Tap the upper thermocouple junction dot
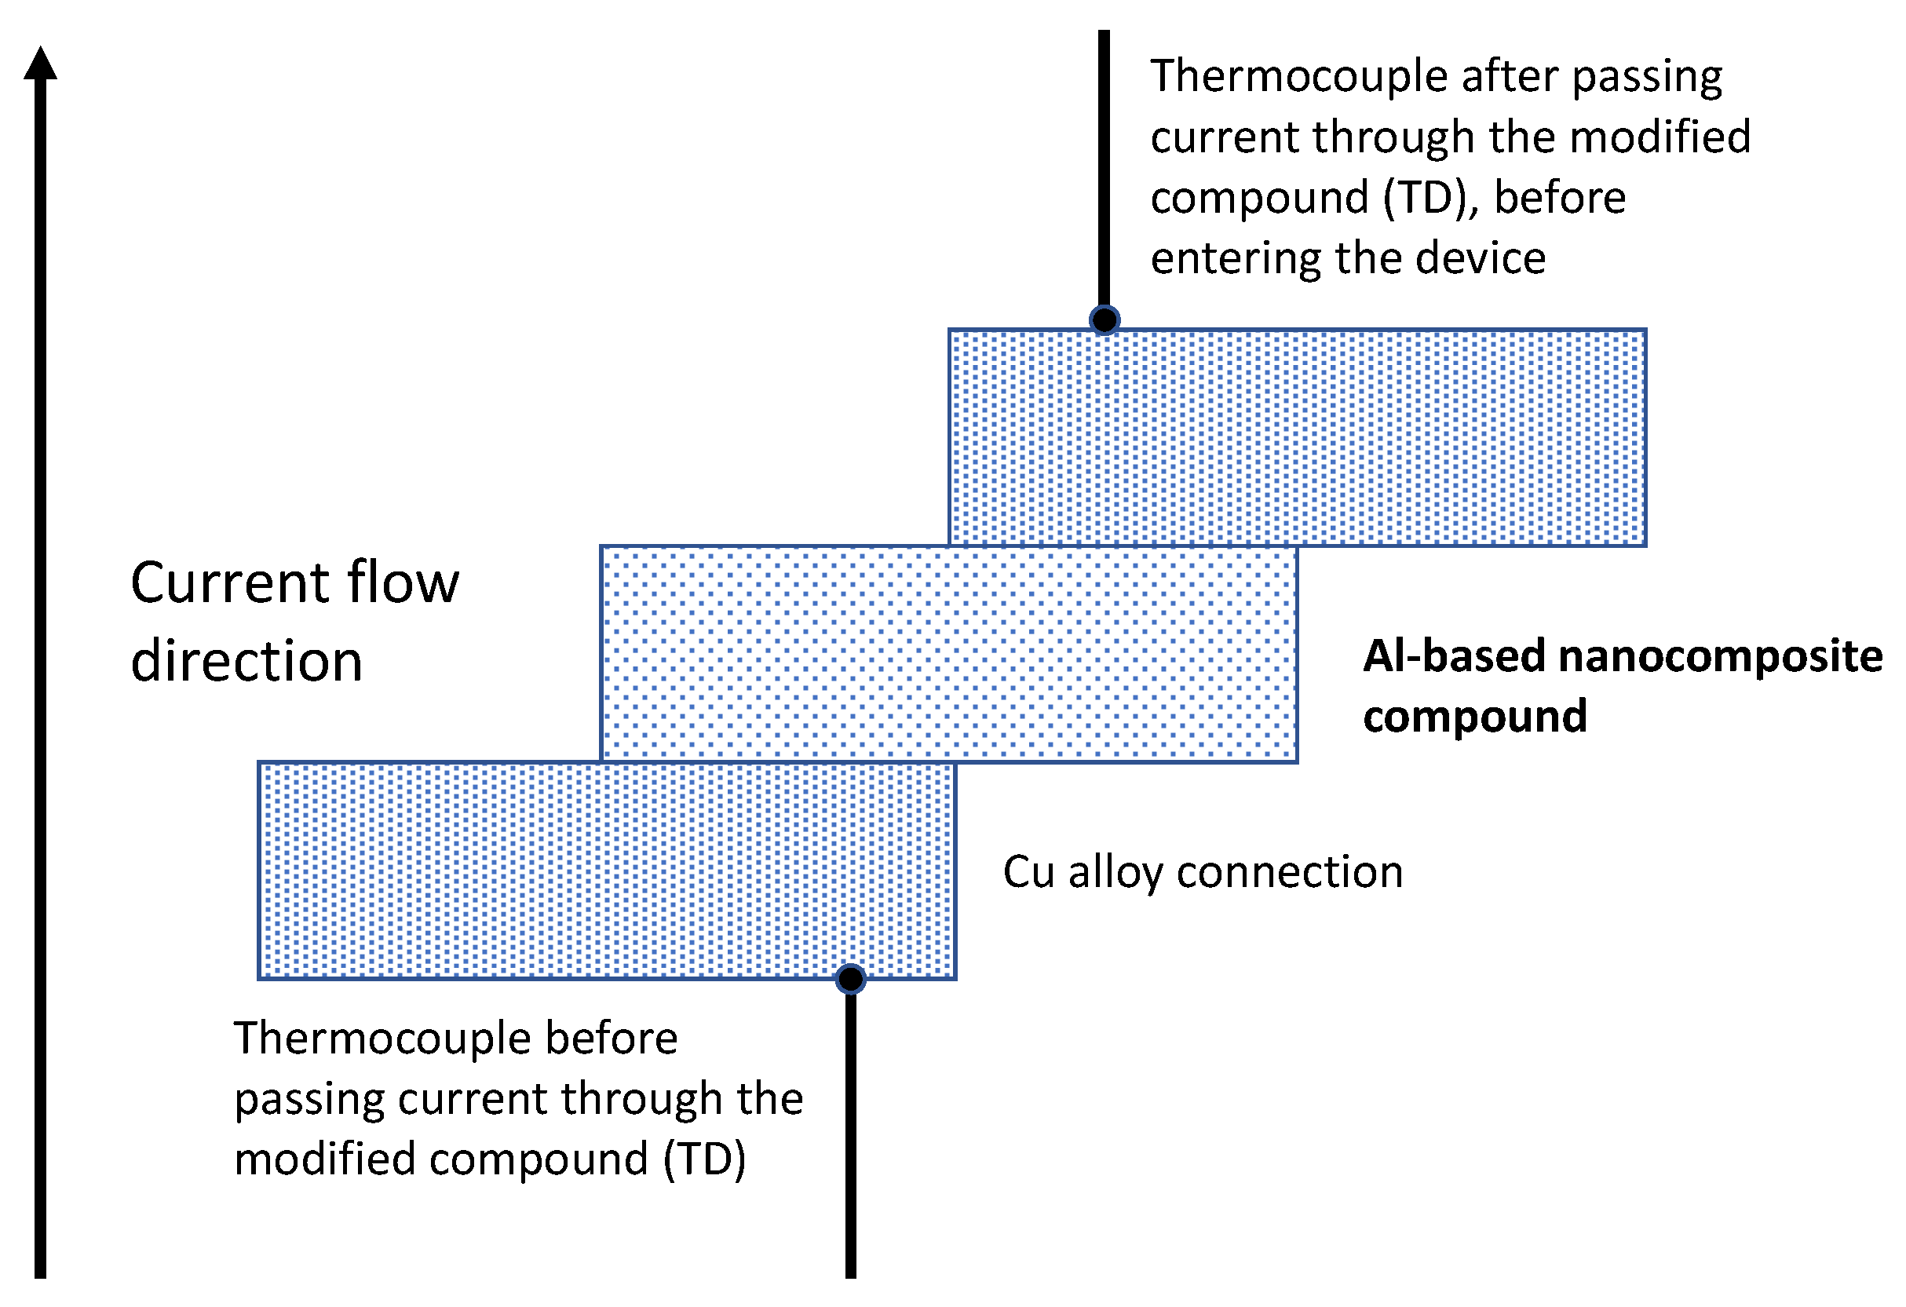1105,319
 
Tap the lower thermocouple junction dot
850,978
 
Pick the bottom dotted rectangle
607,870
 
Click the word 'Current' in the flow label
230,583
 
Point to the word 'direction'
246,662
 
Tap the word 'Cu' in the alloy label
1028,871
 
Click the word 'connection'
1289,871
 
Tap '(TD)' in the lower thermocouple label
704,1160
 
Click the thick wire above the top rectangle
1104,164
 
